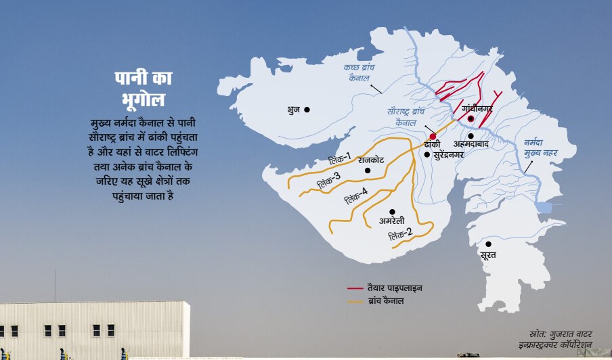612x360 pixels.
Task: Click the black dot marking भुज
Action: pyautogui.click(x=307, y=109)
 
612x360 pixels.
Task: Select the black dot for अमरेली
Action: pyautogui.click(x=392, y=212)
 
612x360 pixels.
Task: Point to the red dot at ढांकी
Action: pyautogui.click(x=433, y=137)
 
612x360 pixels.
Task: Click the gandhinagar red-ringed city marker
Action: pyautogui.click(x=471, y=118)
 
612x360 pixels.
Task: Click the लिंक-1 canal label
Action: pyautogui.click(x=339, y=160)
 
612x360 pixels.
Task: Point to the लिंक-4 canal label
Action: pyautogui.click(x=355, y=196)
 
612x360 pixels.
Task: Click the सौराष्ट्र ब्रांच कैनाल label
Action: pyautogui.click(x=406, y=116)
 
